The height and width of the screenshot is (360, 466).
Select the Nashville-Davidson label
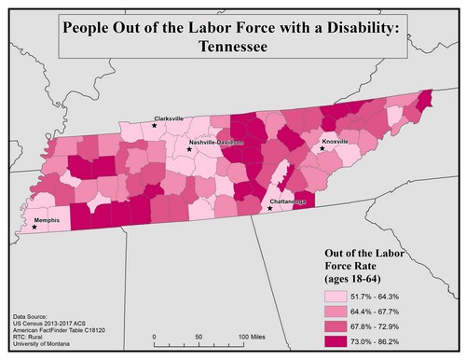[215, 144]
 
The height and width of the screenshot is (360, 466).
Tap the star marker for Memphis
[34, 228]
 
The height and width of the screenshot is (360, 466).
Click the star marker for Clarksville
[156, 125]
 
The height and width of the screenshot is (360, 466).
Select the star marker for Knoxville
[322, 147]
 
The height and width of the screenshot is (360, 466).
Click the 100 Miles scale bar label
[250, 336]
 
